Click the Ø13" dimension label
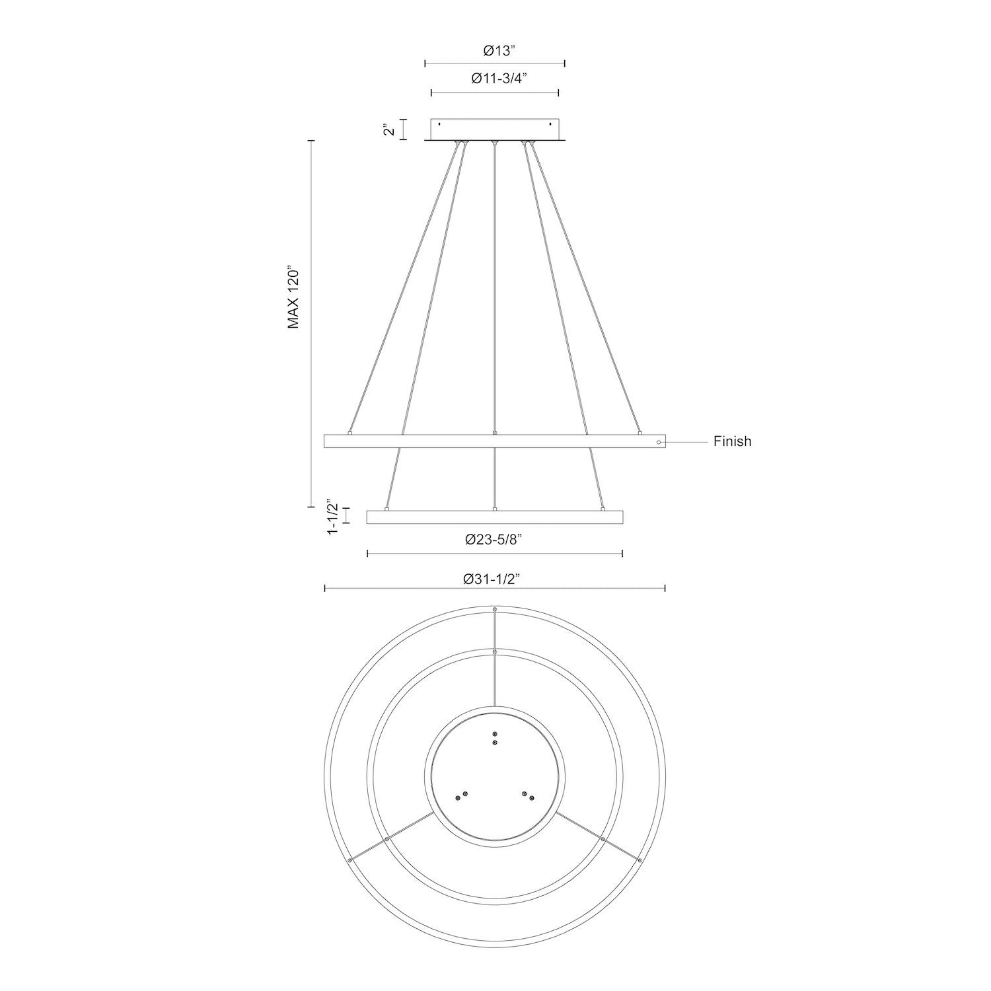pyautogui.click(x=494, y=50)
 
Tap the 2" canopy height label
pyautogui.click(x=390, y=129)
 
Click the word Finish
pyautogui.click(x=732, y=441)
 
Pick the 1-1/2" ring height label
pyautogui.click(x=334, y=517)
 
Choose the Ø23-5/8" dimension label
pyautogui.click(x=494, y=540)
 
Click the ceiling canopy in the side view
pyautogui.click(x=495, y=129)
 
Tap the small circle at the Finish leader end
pyautogui.click(x=659, y=441)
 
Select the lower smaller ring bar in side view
pyautogui.click(x=495, y=517)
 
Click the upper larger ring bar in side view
pyautogui.click(x=495, y=441)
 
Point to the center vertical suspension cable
pyautogui.click(x=495, y=291)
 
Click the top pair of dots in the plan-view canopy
pyautogui.click(x=495, y=738)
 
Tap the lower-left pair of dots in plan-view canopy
pyautogui.click(x=461, y=795)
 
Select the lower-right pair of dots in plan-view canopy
pyautogui.click(x=528, y=795)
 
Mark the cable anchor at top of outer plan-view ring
pyautogui.click(x=495, y=608)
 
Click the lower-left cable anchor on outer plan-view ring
pyautogui.click(x=349, y=860)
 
